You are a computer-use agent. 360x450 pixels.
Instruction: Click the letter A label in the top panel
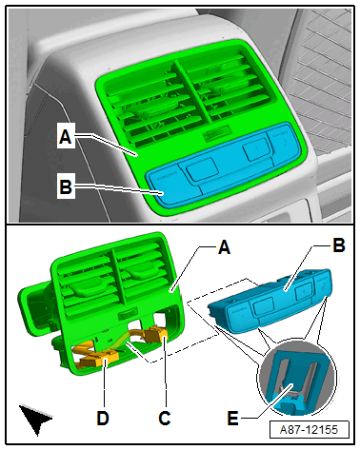(x=66, y=137)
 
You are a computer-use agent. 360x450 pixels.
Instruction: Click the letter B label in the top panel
(x=66, y=186)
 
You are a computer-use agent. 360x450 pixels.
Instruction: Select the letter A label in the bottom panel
(x=224, y=246)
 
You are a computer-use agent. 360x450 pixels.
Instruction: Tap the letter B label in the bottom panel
(x=339, y=245)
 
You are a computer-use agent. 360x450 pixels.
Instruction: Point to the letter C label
(x=165, y=418)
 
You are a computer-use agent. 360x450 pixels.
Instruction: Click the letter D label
(x=103, y=418)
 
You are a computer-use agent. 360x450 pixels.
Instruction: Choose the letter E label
(x=232, y=418)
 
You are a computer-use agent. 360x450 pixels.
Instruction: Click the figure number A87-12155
(x=309, y=430)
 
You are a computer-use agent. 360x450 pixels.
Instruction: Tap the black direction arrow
(x=35, y=418)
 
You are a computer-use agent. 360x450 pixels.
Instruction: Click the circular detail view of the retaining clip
(x=297, y=378)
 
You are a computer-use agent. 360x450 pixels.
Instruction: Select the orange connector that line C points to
(x=155, y=335)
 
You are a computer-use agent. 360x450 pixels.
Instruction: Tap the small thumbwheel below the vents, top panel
(x=217, y=133)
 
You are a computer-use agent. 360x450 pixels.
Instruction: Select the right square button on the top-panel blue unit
(x=256, y=148)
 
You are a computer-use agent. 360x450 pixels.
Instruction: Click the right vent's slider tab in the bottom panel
(x=141, y=272)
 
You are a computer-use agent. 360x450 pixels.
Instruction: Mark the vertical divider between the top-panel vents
(x=192, y=92)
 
